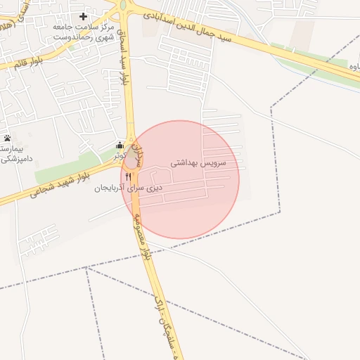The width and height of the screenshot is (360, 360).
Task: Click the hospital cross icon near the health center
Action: (x=83, y=15)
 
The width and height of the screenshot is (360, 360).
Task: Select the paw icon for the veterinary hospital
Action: (x=7, y=138)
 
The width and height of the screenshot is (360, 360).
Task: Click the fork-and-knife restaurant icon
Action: (x=128, y=176)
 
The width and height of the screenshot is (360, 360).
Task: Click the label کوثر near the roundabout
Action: (x=121, y=155)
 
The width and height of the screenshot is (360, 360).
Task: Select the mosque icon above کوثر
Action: (x=120, y=146)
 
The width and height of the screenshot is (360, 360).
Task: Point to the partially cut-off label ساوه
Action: (x=355, y=66)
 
